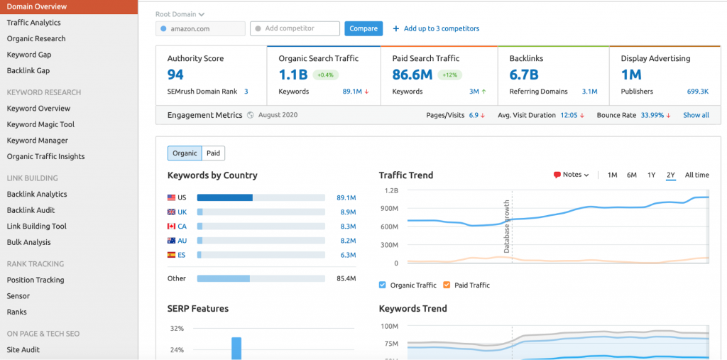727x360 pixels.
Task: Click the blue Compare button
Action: pyautogui.click(x=363, y=28)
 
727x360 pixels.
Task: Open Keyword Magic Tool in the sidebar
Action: pyautogui.click(x=40, y=124)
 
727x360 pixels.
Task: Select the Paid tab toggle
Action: pyautogui.click(x=213, y=153)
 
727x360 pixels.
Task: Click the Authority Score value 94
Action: pyautogui.click(x=175, y=75)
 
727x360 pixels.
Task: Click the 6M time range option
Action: pyautogui.click(x=631, y=175)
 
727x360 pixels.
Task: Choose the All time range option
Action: pyautogui.click(x=696, y=175)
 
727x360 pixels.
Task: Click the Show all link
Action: pyautogui.click(x=696, y=115)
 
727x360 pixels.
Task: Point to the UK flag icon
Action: pyautogui.click(x=172, y=212)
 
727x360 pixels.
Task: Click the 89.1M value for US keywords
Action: pyautogui.click(x=346, y=198)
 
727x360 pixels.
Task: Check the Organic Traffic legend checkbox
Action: pyautogui.click(x=383, y=285)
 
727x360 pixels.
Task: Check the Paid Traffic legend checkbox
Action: pyautogui.click(x=447, y=285)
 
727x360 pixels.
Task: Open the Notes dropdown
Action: pyautogui.click(x=572, y=175)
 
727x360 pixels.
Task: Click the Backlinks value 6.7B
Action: pyautogui.click(x=524, y=75)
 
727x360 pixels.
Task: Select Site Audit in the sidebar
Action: pyautogui.click(x=23, y=349)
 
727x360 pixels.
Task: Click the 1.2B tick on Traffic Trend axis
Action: pyautogui.click(x=391, y=191)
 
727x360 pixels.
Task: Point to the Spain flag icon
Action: pyautogui.click(x=172, y=255)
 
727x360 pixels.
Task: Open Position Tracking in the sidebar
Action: pyautogui.click(x=35, y=280)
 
